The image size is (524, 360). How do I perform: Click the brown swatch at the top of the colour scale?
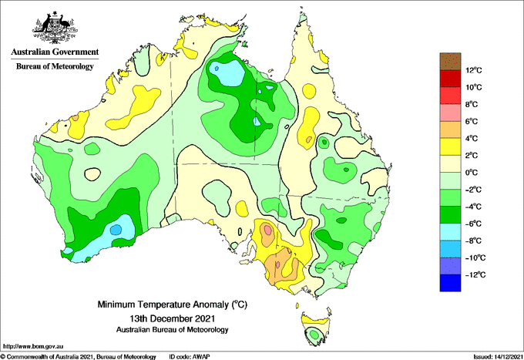click(x=448, y=62)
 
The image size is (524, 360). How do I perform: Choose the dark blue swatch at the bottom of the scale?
click(x=448, y=283)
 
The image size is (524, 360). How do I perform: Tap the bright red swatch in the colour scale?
click(x=448, y=96)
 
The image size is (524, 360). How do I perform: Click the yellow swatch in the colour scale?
click(x=448, y=146)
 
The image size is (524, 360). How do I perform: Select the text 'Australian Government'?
click(x=54, y=52)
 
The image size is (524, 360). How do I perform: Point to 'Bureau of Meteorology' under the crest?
click(x=54, y=67)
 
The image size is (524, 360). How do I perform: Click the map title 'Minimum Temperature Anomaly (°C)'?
click(x=170, y=304)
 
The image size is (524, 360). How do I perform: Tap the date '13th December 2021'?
click(x=171, y=318)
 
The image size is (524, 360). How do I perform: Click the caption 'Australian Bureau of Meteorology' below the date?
click(x=171, y=330)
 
